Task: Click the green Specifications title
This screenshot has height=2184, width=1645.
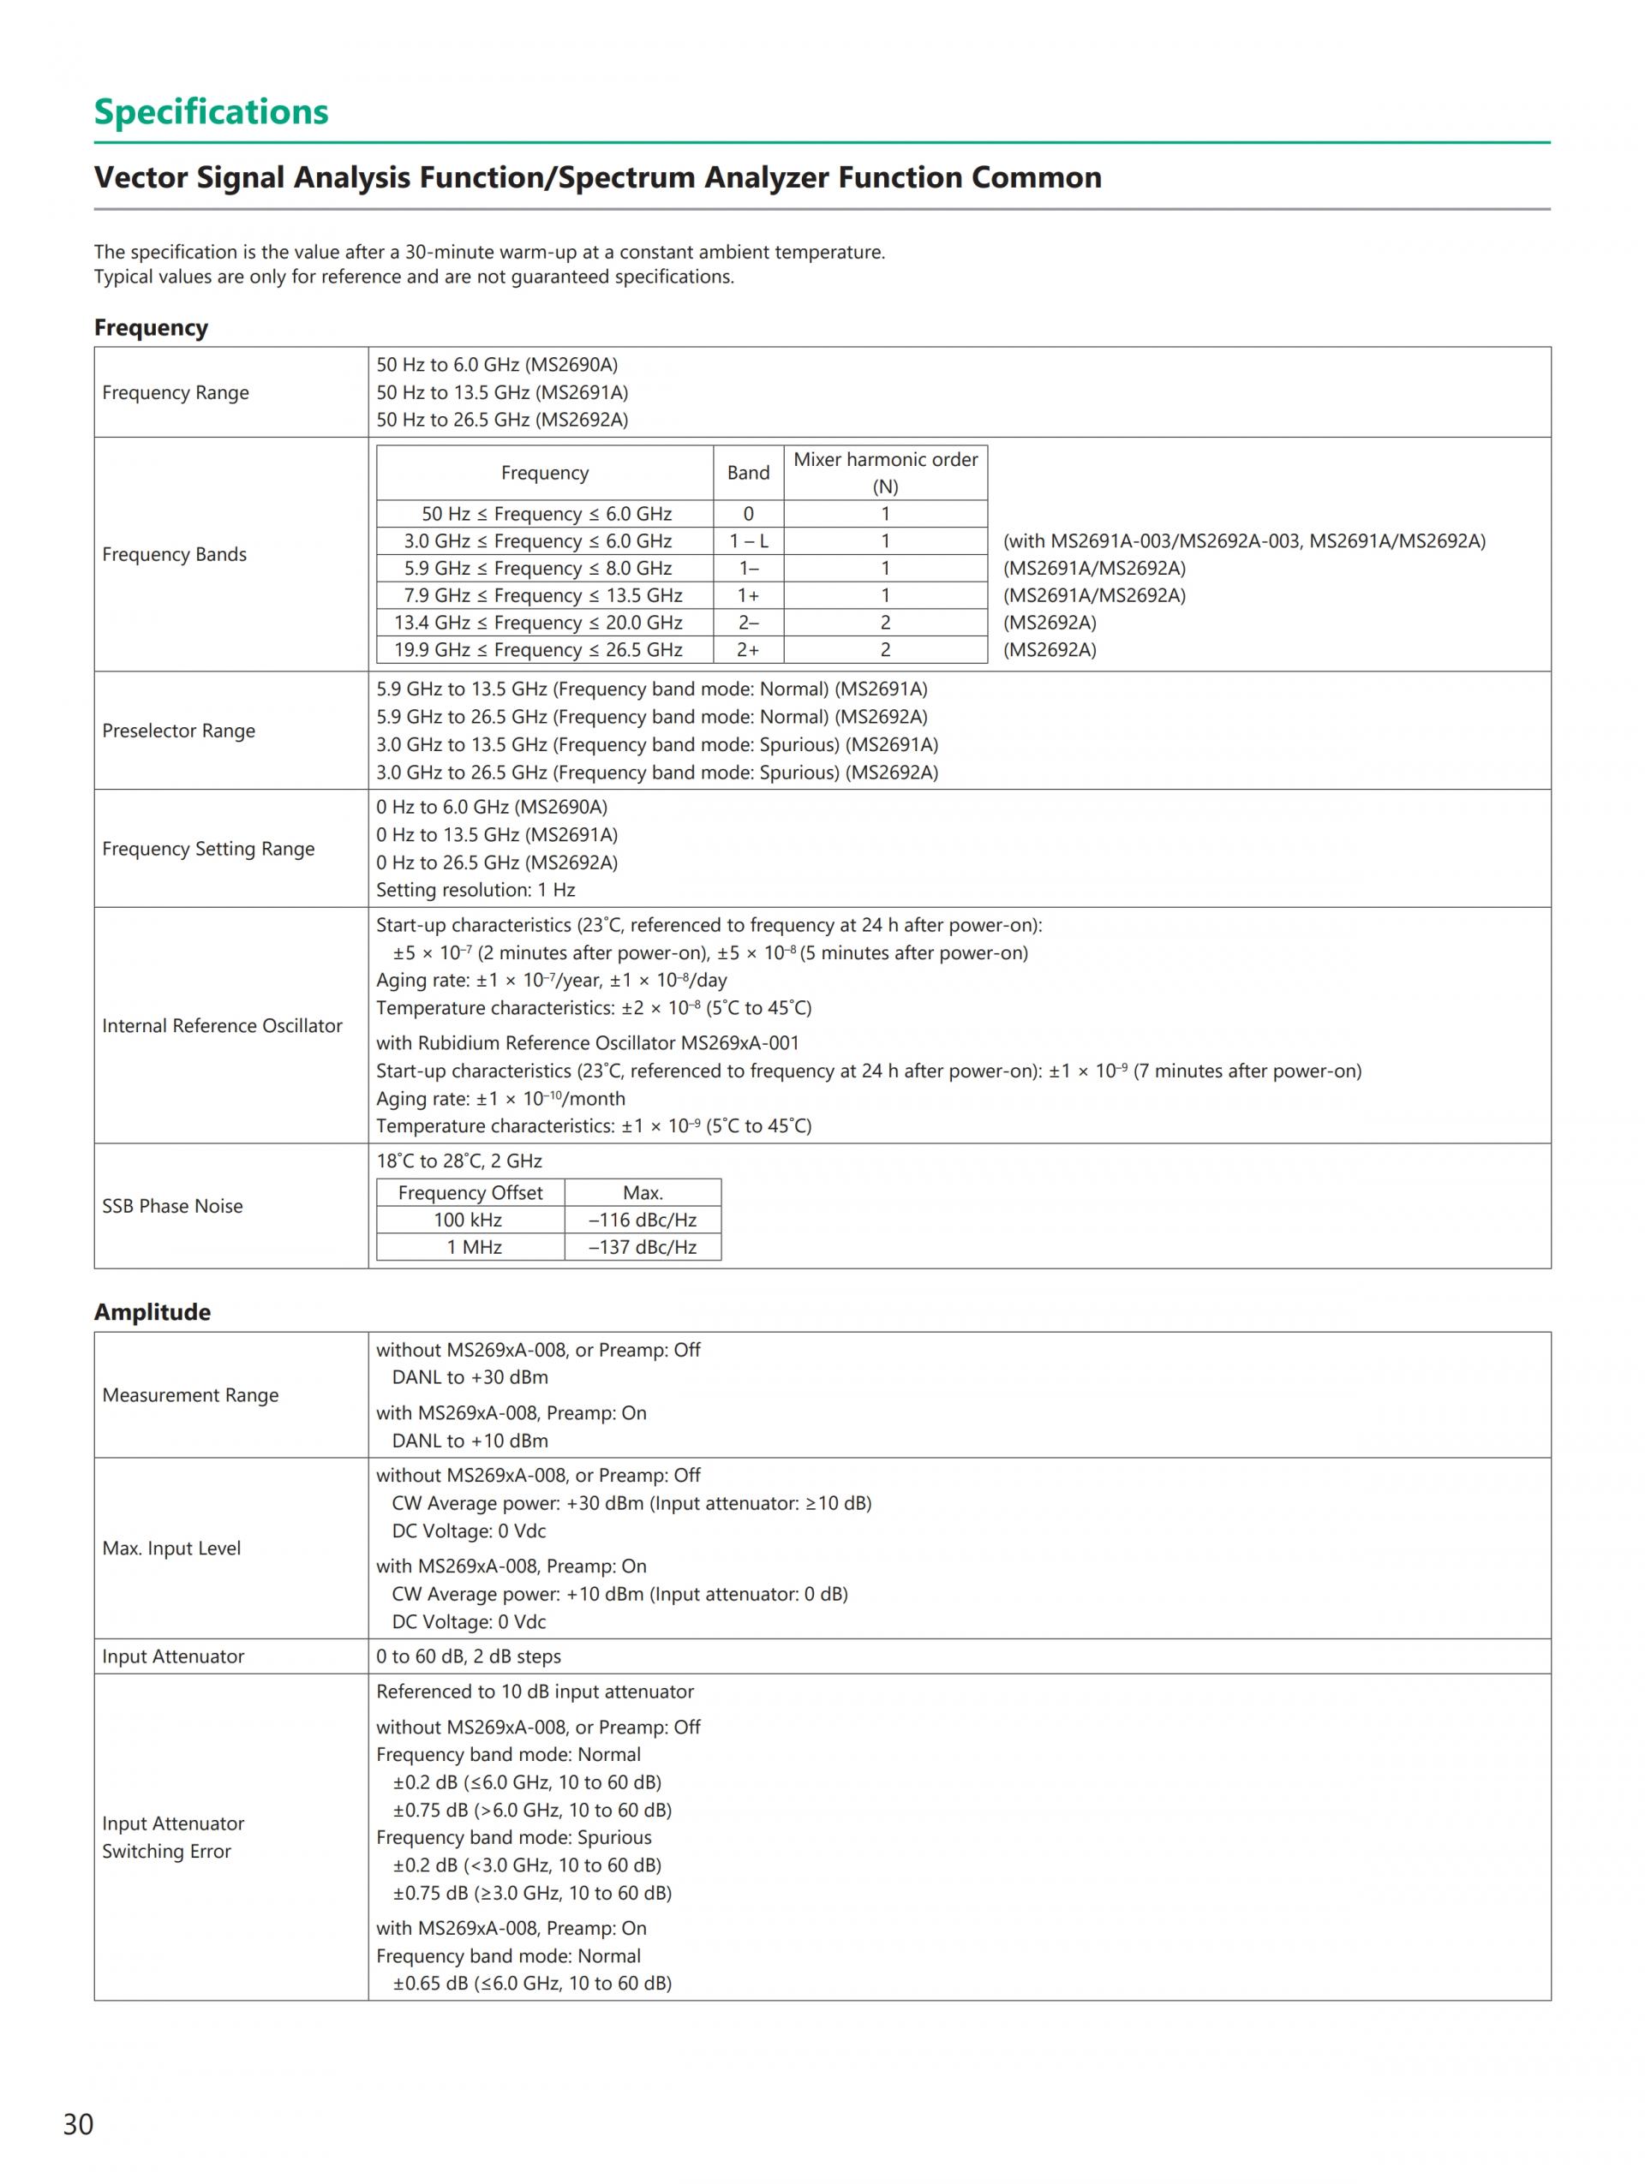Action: tap(212, 111)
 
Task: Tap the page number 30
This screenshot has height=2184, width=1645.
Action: tap(78, 2124)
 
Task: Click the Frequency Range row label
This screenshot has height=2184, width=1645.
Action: tap(176, 393)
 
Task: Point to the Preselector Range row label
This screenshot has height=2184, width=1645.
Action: tap(179, 731)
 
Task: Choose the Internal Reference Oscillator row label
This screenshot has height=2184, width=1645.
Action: tap(222, 1026)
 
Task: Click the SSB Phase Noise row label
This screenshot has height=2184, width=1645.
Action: tap(173, 1206)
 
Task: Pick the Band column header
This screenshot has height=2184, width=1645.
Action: tap(749, 473)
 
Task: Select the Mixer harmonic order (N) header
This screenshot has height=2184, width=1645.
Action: tap(886, 473)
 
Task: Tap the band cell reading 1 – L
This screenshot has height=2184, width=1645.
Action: tap(749, 541)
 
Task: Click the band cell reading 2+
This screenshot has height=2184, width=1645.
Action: tap(749, 650)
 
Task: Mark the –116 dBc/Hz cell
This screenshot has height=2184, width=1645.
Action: tap(643, 1220)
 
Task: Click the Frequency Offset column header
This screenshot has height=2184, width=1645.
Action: tap(470, 1193)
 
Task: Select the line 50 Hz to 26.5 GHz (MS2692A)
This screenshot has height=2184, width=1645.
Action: tap(501, 420)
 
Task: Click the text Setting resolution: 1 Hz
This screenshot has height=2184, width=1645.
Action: tap(475, 890)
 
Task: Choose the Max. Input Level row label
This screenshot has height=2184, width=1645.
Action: tap(172, 1548)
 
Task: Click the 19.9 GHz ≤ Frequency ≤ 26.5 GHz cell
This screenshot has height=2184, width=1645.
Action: tap(538, 650)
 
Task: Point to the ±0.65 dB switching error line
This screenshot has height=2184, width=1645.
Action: tap(532, 1984)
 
